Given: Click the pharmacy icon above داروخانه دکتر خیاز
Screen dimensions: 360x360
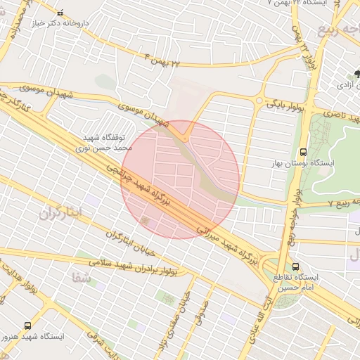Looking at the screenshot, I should click(x=59, y=12).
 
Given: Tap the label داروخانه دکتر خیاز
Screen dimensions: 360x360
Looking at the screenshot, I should click(x=59, y=22).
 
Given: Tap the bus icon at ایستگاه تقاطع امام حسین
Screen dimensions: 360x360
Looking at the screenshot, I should click(x=296, y=267).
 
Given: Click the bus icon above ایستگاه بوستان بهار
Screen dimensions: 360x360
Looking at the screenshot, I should click(x=303, y=152).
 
